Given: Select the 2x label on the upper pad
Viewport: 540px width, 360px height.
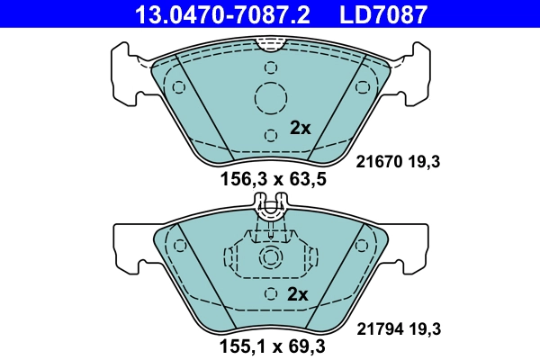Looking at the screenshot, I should tap(300, 128).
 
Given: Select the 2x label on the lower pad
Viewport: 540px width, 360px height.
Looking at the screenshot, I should tap(298, 294).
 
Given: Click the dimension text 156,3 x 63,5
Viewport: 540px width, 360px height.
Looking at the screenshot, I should tap(273, 180).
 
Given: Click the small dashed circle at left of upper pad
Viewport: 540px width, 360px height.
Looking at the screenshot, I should tap(178, 87).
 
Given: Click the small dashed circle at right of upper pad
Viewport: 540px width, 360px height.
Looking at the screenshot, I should tap(364, 87).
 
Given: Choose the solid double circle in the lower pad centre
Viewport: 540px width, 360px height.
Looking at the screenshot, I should tap(271, 259).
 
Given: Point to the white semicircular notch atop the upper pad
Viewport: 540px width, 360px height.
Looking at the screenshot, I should tap(270, 41).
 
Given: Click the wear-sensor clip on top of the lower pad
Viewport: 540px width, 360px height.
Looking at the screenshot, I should tap(271, 212).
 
